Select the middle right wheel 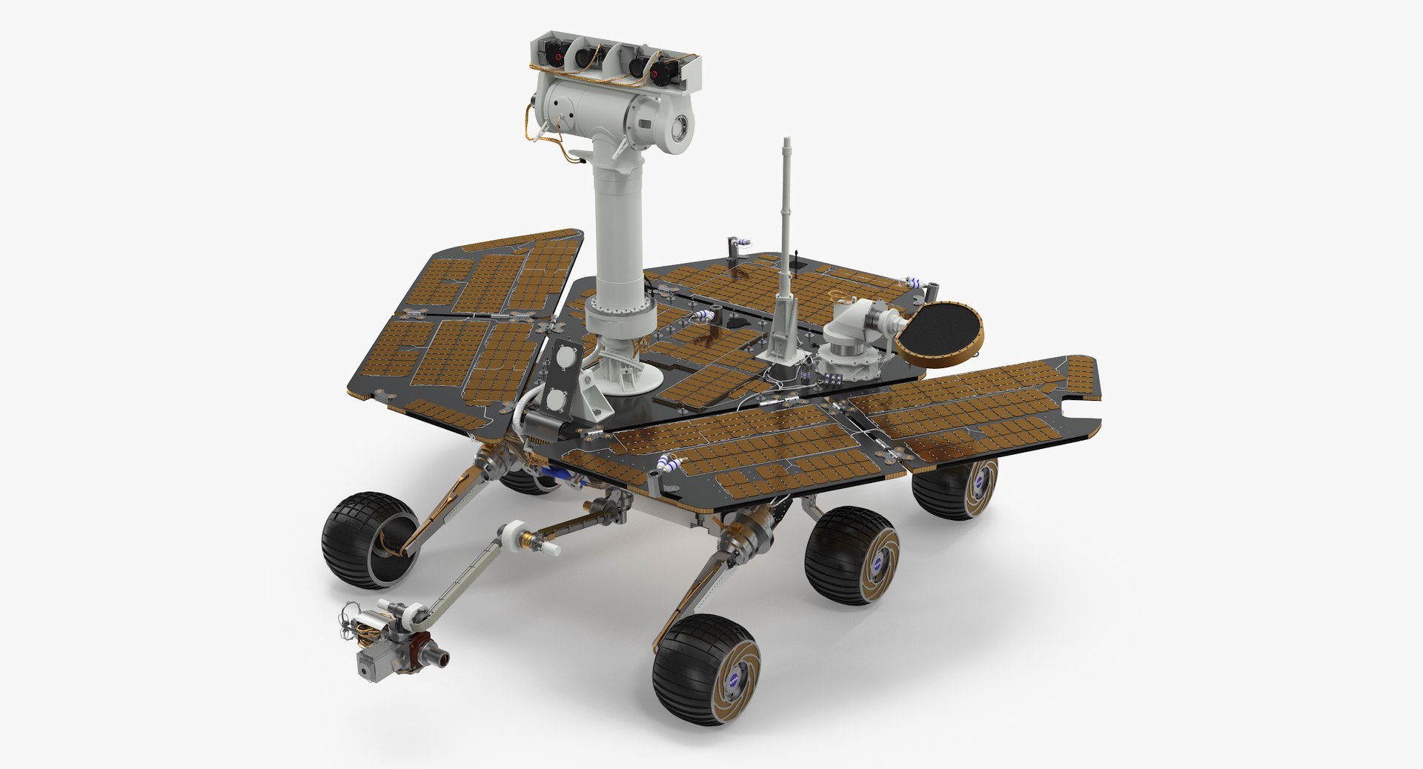(x=852, y=556)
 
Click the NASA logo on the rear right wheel (x=981, y=480)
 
